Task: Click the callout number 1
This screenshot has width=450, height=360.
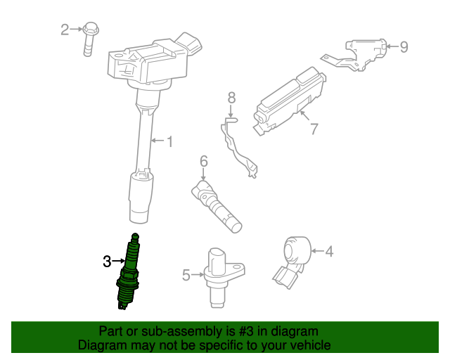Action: coord(169,141)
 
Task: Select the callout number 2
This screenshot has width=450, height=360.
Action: coord(65,29)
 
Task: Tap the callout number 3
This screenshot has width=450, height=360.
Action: coord(107,262)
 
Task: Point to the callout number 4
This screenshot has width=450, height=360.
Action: coord(328,250)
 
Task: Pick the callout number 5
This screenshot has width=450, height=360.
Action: coord(186,275)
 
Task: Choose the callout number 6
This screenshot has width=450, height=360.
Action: coord(204,162)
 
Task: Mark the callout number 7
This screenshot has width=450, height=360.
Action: coord(314,128)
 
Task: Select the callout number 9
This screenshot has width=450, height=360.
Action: coord(404,47)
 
